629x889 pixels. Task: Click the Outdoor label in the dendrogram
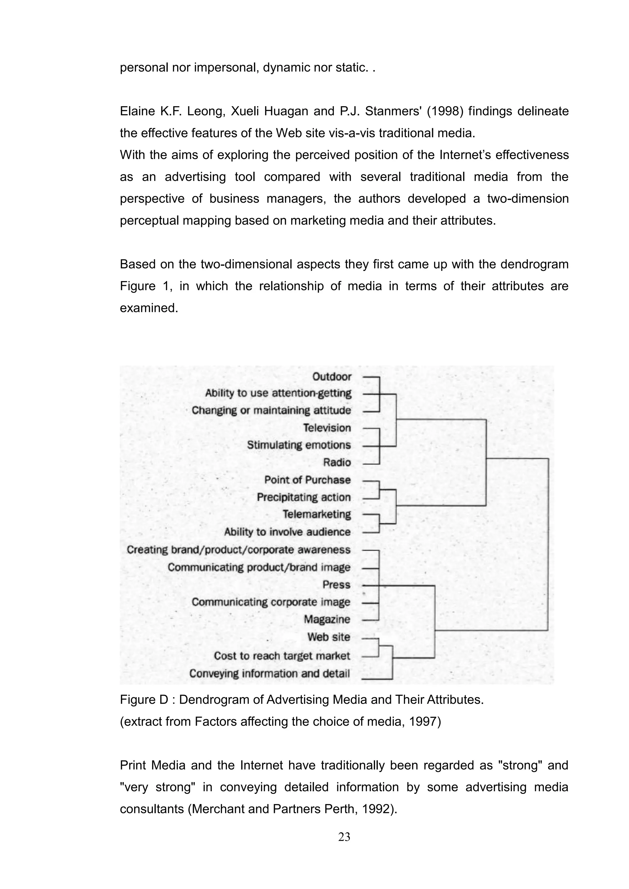tap(332, 377)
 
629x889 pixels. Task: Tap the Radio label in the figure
tap(337, 462)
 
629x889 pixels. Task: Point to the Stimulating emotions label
tap(299, 445)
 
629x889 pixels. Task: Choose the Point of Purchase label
tap(307, 480)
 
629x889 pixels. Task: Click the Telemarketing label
tap(316, 514)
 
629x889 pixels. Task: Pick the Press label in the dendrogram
tap(336, 585)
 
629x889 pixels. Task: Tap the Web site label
tap(329, 637)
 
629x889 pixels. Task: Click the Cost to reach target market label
tap(282, 656)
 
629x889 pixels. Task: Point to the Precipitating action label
tap(303, 497)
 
